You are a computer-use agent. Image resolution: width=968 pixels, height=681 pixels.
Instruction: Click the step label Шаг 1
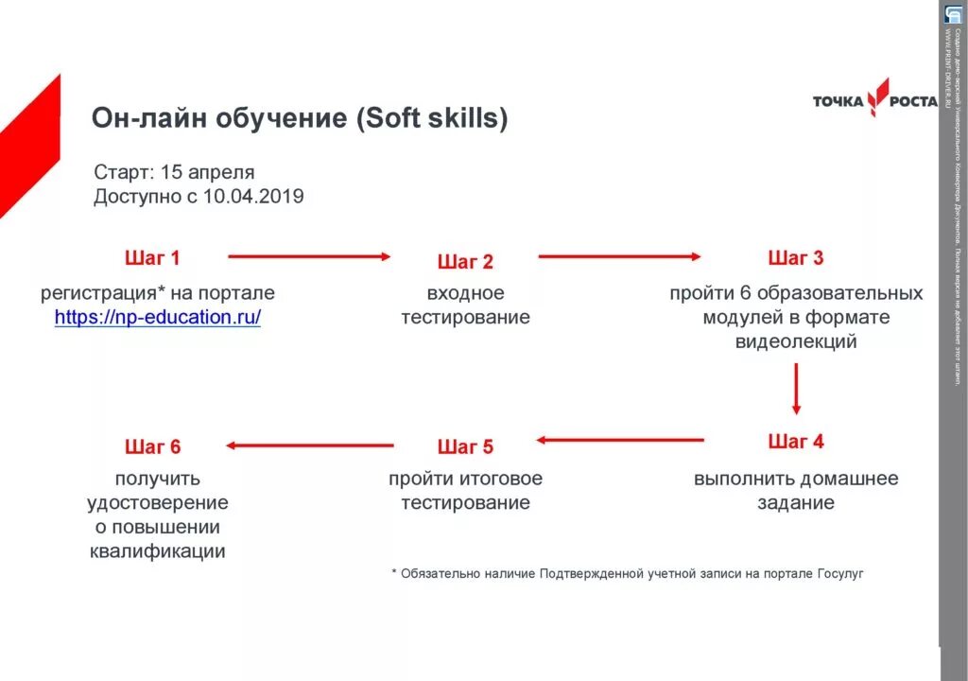pyautogui.click(x=152, y=257)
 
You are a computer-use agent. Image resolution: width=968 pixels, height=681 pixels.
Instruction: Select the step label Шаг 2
pyautogui.click(x=465, y=262)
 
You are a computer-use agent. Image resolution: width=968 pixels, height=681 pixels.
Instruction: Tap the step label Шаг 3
pyautogui.click(x=796, y=257)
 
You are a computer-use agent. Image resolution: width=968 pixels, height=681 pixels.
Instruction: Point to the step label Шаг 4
pyautogui.click(x=796, y=442)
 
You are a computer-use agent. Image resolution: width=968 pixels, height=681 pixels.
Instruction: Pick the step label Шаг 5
pyautogui.click(x=465, y=446)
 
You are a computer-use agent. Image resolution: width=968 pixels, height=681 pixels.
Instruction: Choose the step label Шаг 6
pyautogui.click(x=152, y=446)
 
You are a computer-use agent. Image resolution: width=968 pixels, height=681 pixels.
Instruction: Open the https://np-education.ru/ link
pyautogui.click(x=158, y=318)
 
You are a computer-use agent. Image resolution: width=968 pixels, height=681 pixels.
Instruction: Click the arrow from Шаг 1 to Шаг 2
pyautogui.click(x=309, y=255)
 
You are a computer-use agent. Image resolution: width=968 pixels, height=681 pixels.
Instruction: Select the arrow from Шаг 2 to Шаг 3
pyautogui.click(x=620, y=255)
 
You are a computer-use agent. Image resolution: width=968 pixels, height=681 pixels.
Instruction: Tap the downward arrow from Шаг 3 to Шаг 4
pyautogui.click(x=796, y=388)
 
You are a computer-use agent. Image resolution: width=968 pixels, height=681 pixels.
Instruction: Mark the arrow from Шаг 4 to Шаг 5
pyautogui.click(x=620, y=439)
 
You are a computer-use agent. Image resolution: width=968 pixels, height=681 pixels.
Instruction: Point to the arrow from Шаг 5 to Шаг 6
pyautogui.click(x=309, y=445)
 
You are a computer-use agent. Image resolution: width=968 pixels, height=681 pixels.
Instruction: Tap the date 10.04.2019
pyautogui.click(x=253, y=197)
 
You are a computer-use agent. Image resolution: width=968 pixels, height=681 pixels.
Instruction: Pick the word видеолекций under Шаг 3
pyautogui.click(x=796, y=341)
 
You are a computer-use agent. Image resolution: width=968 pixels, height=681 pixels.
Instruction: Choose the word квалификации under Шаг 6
pyautogui.click(x=158, y=551)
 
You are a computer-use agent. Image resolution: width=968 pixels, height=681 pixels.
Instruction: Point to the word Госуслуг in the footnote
pyautogui.click(x=834, y=573)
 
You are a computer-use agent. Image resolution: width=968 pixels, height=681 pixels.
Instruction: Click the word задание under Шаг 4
pyautogui.click(x=796, y=503)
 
